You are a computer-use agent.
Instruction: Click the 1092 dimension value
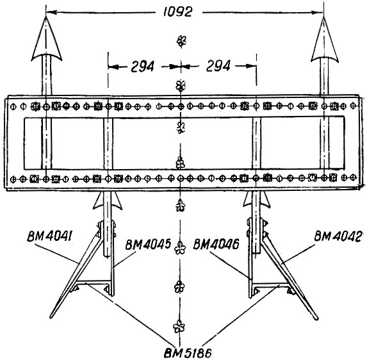point(178,12)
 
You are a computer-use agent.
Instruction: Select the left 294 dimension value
point(143,66)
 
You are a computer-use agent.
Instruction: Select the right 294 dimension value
point(218,66)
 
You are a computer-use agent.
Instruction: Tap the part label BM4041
point(49,236)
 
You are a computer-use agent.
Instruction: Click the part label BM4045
point(148,245)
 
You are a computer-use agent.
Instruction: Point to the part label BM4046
point(216,244)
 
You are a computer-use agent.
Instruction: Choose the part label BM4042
point(338,236)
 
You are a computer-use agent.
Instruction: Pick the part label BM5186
point(188,353)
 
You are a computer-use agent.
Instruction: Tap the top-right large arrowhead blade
point(324,39)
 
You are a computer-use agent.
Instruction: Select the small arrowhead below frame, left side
point(108,200)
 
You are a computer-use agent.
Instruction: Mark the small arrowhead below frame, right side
point(257,199)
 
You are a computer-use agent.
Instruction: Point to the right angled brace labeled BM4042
point(290,276)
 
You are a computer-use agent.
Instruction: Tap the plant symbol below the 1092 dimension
point(181,42)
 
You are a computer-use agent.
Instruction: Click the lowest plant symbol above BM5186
point(179,326)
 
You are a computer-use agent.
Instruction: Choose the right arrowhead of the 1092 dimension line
point(318,12)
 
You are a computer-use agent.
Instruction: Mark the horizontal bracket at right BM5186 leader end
point(272,284)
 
